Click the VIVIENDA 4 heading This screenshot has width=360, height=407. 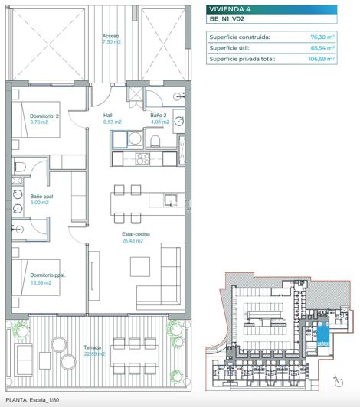[x=234, y=10]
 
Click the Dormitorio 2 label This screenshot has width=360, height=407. [x=44, y=116]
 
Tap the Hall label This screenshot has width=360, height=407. [x=108, y=116]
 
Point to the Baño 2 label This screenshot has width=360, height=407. [x=159, y=116]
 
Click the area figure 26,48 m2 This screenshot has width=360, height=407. [x=133, y=241]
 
